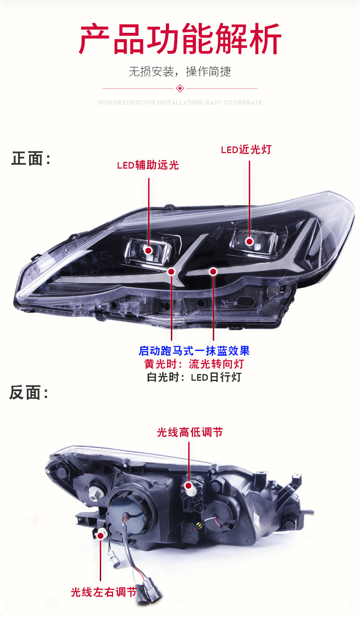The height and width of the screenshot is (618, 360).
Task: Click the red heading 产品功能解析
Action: [180, 39]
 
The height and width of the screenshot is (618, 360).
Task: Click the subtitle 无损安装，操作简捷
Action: [180, 72]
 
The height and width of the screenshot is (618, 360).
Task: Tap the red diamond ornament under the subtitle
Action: [180, 88]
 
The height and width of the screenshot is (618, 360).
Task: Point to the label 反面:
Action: [29, 392]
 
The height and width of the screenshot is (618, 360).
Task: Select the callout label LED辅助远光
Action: [148, 165]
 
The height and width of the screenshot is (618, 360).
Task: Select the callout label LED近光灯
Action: [246, 149]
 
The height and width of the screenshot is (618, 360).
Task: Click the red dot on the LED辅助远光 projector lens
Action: [149, 250]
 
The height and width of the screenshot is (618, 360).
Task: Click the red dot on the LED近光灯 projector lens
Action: [249, 241]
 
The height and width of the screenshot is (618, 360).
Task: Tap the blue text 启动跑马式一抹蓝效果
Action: [194, 351]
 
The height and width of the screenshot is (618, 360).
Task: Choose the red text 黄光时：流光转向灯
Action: [194, 364]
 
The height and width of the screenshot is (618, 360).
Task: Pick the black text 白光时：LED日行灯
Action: [194, 377]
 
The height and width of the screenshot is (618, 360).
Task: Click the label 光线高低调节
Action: [190, 432]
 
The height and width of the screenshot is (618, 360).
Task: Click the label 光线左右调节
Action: [103, 592]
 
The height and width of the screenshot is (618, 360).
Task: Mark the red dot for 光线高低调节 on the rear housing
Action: [189, 485]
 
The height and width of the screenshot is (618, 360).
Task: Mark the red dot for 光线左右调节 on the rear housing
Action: [100, 536]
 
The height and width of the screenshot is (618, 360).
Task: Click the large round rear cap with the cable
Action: [129, 512]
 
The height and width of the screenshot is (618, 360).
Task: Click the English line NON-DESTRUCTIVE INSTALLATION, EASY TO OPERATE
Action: [180, 102]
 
